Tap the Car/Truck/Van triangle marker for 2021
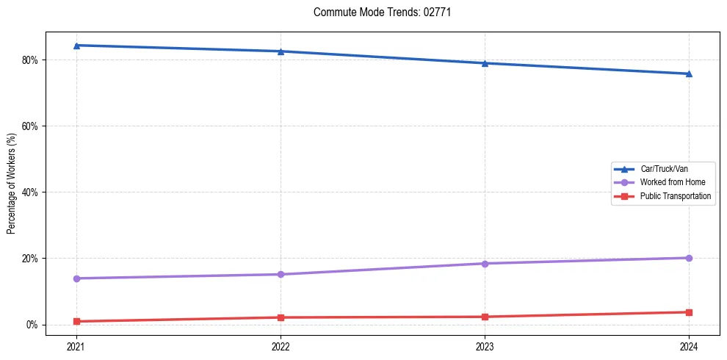[x=76, y=46]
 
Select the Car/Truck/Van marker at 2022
[x=281, y=51]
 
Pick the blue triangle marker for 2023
[x=485, y=63]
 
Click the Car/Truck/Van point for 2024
[x=689, y=73]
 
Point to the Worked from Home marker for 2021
[x=76, y=278]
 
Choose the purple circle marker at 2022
[x=281, y=275]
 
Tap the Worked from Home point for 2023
[x=485, y=264]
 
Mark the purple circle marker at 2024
[x=689, y=258]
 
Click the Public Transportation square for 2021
[x=76, y=321]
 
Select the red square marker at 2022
[x=281, y=317]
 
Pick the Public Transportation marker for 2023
[x=485, y=317]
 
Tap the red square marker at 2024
[x=689, y=312]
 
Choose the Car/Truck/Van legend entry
[x=663, y=169]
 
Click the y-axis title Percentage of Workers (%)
[x=12, y=184]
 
